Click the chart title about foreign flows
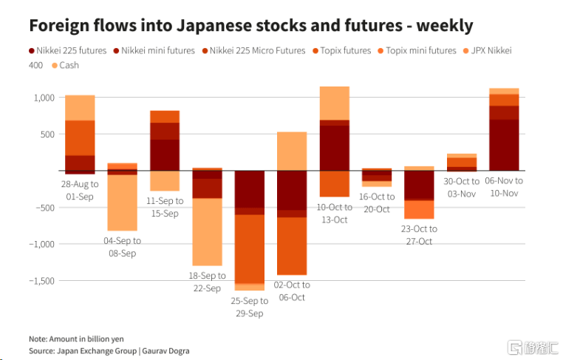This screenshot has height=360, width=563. [x=250, y=25]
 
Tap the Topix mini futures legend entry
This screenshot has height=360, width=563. [x=417, y=50]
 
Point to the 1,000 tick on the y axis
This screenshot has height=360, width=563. [x=44, y=98]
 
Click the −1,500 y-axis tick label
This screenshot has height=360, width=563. [x=41, y=281]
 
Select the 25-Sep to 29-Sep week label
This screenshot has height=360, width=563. [x=250, y=308]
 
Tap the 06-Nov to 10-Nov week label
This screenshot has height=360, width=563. [x=504, y=186]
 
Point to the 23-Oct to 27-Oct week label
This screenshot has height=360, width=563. [x=418, y=234]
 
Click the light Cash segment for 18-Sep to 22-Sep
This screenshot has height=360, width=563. [x=207, y=231]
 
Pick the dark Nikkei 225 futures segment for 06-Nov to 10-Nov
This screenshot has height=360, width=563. [x=504, y=145]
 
